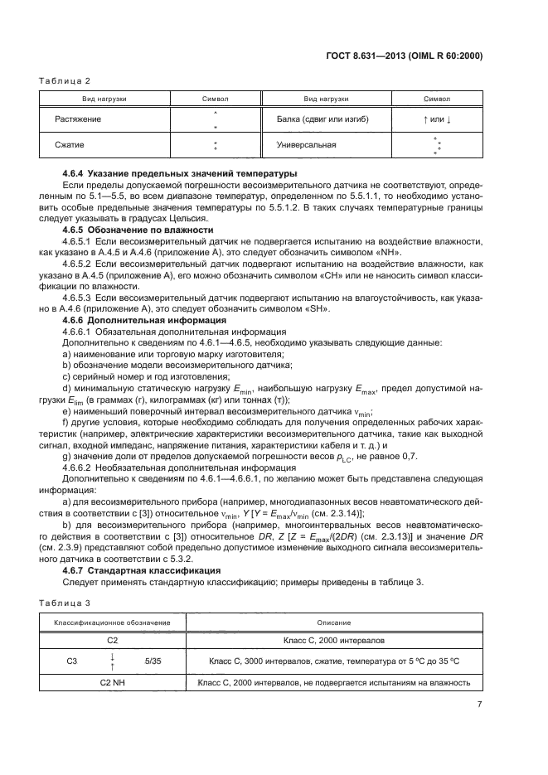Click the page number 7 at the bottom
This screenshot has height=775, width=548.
[480, 705]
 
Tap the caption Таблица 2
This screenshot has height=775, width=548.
[64, 80]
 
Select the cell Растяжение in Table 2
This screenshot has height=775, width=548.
[79, 119]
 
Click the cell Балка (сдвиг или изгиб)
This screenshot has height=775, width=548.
[323, 119]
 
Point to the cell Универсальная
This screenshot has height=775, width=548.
[308, 145]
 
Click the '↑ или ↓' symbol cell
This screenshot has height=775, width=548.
[437, 119]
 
